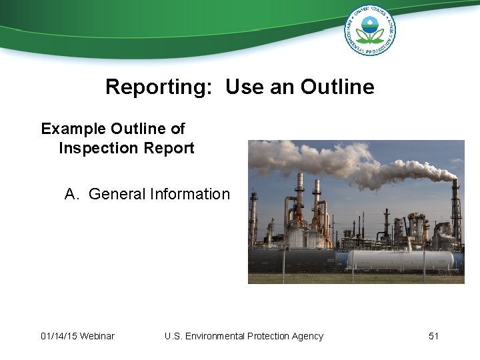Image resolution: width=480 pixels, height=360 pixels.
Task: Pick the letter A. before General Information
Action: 73,194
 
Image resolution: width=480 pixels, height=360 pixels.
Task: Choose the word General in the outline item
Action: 117,194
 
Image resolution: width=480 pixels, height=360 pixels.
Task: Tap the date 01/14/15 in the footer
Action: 58,336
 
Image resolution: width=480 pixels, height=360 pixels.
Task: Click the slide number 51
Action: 433,336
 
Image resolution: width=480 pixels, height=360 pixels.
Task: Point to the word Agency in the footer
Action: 306,336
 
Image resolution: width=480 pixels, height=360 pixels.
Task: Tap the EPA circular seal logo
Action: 369,30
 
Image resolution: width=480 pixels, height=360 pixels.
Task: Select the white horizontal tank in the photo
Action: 400,259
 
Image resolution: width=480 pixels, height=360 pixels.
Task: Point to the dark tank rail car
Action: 293,260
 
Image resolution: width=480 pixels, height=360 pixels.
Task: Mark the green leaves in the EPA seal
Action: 369,35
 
